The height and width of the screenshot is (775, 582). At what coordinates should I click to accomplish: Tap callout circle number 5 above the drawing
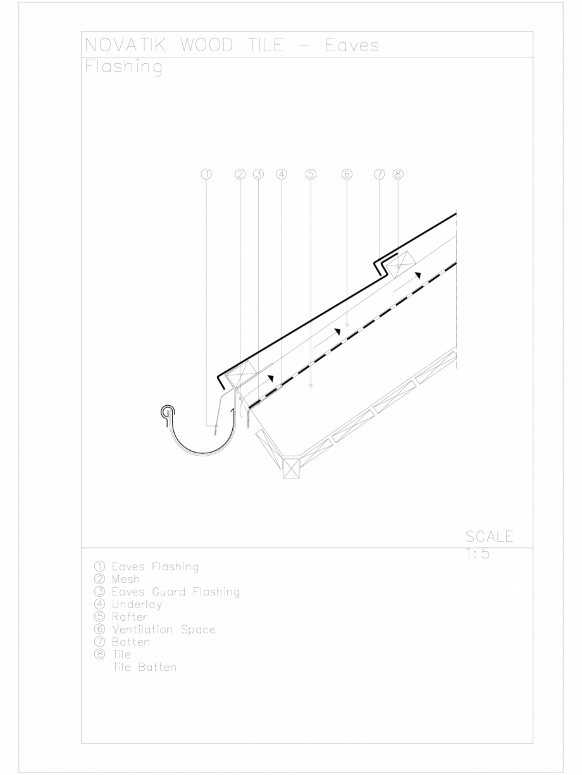click(310, 174)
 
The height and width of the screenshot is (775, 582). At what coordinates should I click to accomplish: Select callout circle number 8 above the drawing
click(398, 174)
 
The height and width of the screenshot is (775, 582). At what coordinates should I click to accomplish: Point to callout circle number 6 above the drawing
click(346, 174)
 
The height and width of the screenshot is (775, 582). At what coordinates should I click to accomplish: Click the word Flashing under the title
click(123, 67)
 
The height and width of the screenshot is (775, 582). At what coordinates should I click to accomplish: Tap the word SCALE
click(489, 537)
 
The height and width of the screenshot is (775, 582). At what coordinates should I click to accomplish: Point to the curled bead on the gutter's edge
click(167, 412)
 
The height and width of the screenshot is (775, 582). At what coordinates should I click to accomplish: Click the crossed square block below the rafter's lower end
click(291, 469)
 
